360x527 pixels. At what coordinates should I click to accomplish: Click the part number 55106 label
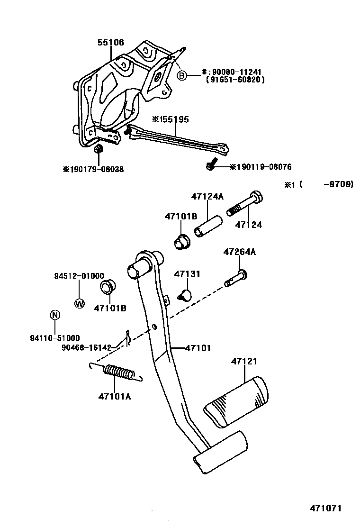pyautogui.click(x=111, y=43)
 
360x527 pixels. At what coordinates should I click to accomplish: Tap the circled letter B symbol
pyautogui.click(x=182, y=75)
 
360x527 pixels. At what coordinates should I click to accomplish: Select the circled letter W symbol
pyautogui.click(x=79, y=303)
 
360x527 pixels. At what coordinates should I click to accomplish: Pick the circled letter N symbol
pyautogui.click(x=55, y=315)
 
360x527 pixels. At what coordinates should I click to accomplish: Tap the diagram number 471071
pyautogui.click(x=325, y=508)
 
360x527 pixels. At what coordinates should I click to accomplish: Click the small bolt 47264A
pyautogui.click(x=235, y=279)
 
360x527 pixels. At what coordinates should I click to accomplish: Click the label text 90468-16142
pyautogui.click(x=86, y=347)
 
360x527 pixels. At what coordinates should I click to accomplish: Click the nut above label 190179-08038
pyautogui.click(x=99, y=150)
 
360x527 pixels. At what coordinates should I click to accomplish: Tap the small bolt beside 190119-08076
pyautogui.click(x=211, y=165)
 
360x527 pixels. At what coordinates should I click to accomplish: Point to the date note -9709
pyautogui.click(x=338, y=185)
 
